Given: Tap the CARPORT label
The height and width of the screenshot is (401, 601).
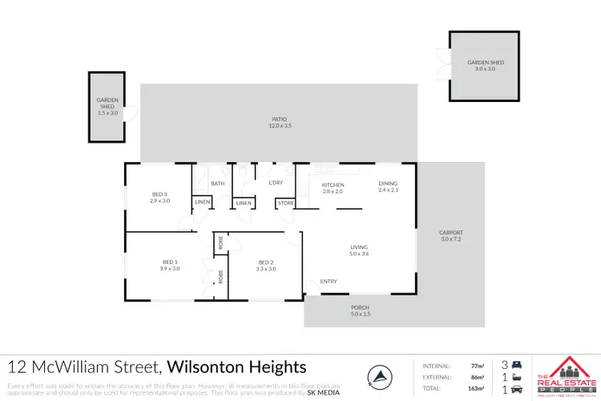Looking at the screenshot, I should click(x=452, y=233).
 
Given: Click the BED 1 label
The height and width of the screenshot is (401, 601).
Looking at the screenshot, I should click(x=169, y=262).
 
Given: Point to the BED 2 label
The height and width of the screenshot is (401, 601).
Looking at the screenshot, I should click(x=266, y=262).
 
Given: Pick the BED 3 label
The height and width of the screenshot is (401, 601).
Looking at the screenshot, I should click(x=159, y=194).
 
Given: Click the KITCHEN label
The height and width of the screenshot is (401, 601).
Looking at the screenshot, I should click(x=333, y=185).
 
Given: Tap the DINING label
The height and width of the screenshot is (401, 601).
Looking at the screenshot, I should click(x=388, y=184).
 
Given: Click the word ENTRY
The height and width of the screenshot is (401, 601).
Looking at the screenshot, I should click(x=329, y=282).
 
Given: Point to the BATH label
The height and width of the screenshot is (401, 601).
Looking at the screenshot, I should click(x=217, y=184).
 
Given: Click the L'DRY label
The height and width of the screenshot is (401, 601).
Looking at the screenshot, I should click(x=276, y=184).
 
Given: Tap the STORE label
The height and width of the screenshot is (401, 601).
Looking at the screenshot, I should click(x=286, y=203).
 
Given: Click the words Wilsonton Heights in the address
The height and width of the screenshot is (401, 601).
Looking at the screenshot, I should click(x=237, y=367).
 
